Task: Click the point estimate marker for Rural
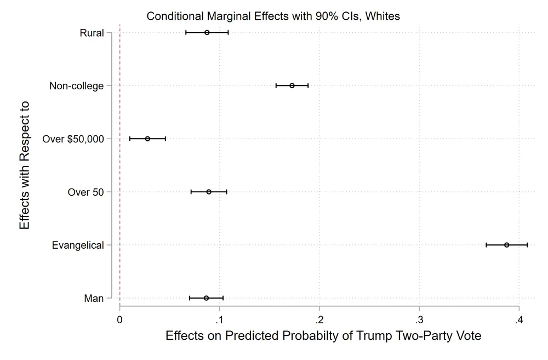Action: pos(207,32)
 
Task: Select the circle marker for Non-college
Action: pos(292,85)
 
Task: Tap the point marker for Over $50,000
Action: pos(147,139)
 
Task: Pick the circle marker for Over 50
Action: pos(209,192)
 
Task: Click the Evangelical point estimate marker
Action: pos(506,245)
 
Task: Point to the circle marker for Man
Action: pos(206,298)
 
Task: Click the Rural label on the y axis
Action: pos(92,33)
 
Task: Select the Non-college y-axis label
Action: pos(76,86)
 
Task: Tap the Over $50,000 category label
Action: pos(73,139)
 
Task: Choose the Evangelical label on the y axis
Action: pos(78,245)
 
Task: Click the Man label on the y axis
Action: pos(94,299)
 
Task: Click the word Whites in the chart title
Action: pos(383,16)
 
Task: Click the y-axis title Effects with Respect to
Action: pos(24,165)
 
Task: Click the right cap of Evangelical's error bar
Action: pos(527,245)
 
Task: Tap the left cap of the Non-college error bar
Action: pos(276,85)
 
